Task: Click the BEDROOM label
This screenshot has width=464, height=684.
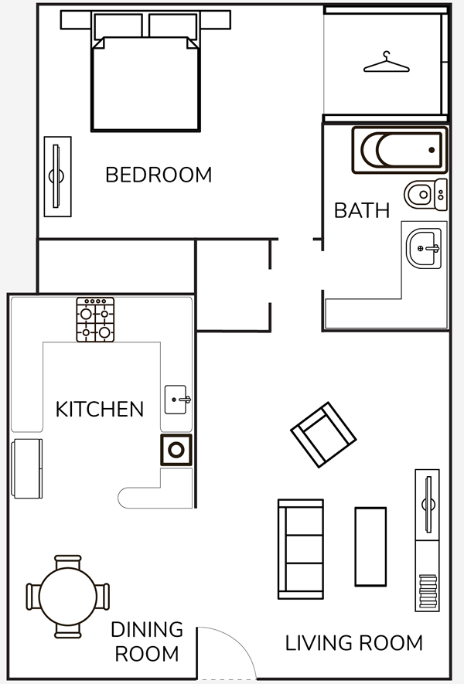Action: coord(159,175)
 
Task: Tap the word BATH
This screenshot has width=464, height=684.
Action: coord(362,211)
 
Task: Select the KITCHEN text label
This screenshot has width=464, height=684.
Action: coord(100,409)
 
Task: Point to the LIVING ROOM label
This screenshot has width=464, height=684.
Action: coord(354,643)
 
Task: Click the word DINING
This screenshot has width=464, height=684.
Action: coord(147,629)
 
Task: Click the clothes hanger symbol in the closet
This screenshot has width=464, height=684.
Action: coord(387,62)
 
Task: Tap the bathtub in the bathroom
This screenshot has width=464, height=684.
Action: coord(400,150)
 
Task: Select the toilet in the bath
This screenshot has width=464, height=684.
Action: coord(425,194)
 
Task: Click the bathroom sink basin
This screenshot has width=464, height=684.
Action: coord(424,248)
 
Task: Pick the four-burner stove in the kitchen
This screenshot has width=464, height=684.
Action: coord(95,320)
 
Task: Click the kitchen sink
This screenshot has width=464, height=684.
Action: coord(177,399)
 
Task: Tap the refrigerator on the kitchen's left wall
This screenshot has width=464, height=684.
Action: coord(27,468)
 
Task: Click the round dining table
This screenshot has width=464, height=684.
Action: coord(67,597)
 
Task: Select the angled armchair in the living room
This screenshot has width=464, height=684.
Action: coord(323,434)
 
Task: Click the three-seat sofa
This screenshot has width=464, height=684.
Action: coord(301,550)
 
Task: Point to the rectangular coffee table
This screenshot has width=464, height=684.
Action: coord(370,546)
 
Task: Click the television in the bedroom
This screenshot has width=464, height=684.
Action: coord(57,176)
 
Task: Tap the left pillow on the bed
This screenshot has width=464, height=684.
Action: coord(118,26)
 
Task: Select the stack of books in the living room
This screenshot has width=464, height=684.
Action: coord(428,591)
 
